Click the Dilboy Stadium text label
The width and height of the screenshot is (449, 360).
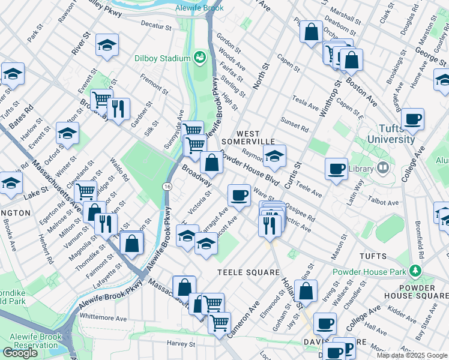coord(163,59)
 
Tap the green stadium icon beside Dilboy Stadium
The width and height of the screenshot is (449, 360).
coord(199,58)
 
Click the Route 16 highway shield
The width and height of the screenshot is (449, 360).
coord(166,187)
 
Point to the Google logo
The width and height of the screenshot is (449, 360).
coord(20,353)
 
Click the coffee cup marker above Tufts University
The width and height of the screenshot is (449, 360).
coord(412,119)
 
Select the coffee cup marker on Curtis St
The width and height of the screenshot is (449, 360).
coord(337,167)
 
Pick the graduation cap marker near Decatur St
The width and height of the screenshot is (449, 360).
coord(107,46)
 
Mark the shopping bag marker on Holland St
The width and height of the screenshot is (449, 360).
coord(306,291)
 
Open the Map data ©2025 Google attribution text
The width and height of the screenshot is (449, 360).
coord(412,355)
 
